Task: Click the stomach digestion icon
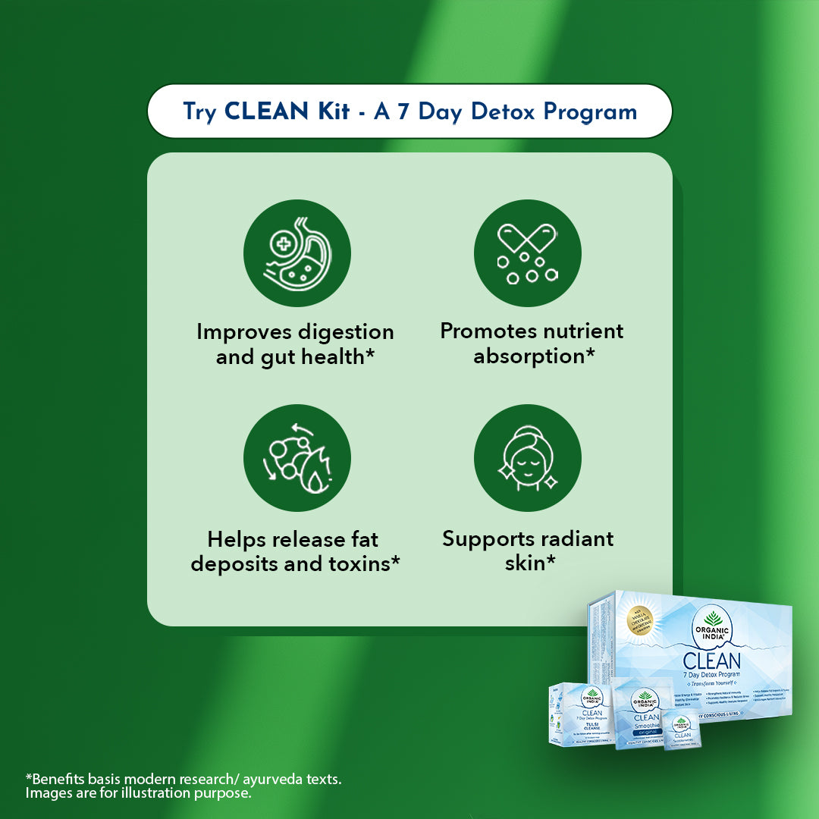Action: click(x=297, y=253)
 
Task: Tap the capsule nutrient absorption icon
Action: click(x=527, y=253)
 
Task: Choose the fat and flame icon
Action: click(x=297, y=458)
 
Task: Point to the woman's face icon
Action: click(x=527, y=458)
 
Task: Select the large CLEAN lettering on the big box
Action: click(x=711, y=660)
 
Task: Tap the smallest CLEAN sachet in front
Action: click(x=682, y=731)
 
